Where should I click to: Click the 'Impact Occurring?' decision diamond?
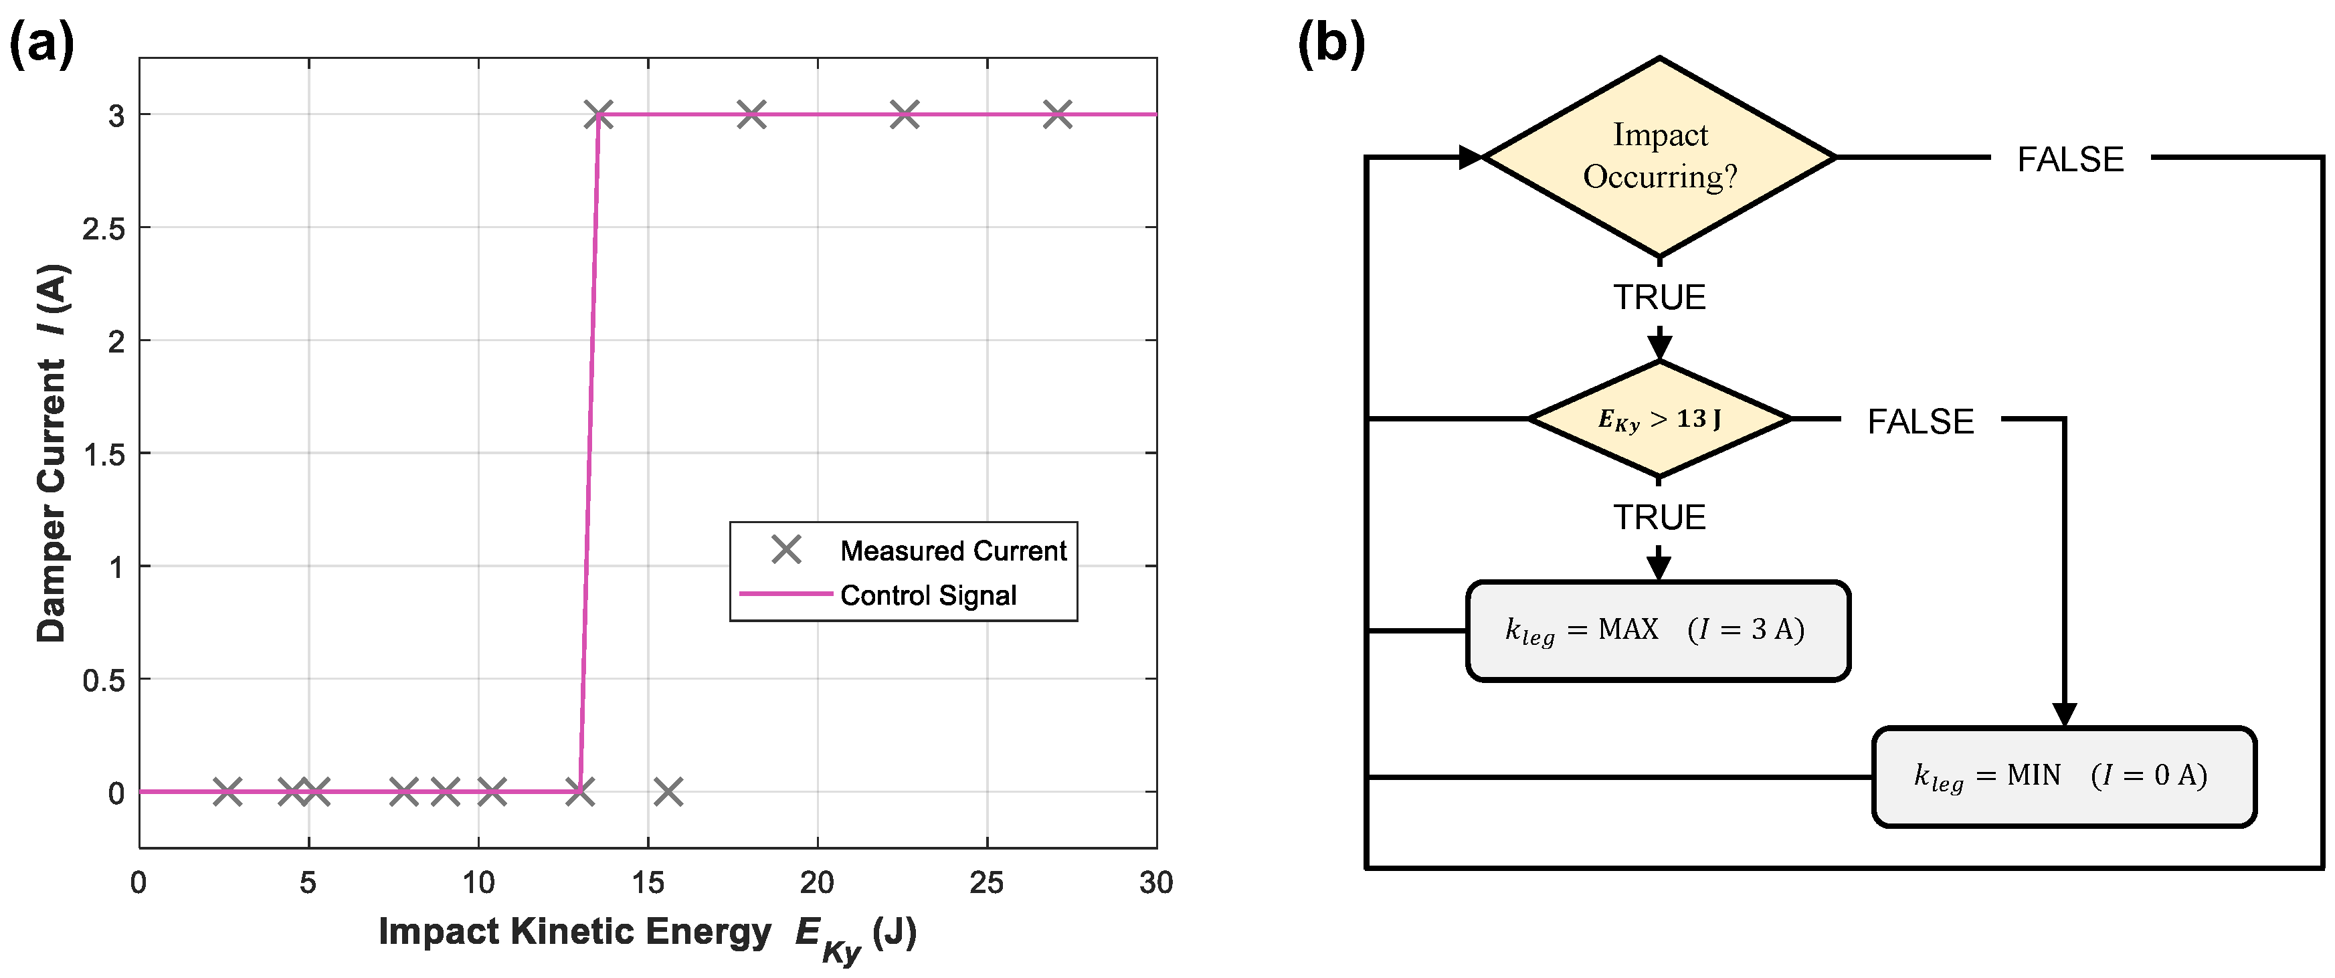click(x=1659, y=157)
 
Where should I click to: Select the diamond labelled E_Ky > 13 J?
click(x=1659, y=419)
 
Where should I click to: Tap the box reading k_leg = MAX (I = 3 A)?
click(x=1657, y=631)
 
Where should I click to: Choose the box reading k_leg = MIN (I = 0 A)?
click(x=2063, y=777)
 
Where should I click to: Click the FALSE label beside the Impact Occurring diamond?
click(x=2069, y=159)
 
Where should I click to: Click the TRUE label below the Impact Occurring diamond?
click(x=1659, y=297)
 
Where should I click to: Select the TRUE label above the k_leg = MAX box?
click(x=1659, y=518)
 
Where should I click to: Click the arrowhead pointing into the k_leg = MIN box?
click(x=2064, y=714)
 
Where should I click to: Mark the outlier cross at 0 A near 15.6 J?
click(x=668, y=792)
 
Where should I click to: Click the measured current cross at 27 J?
click(x=1057, y=115)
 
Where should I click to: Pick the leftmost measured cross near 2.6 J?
click(x=227, y=792)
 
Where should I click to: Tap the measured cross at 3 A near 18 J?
click(x=751, y=115)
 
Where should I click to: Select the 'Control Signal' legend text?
click(x=928, y=595)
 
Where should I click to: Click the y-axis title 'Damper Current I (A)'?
click(x=53, y=453)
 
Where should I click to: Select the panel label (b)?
click(x=1331, y=43)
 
